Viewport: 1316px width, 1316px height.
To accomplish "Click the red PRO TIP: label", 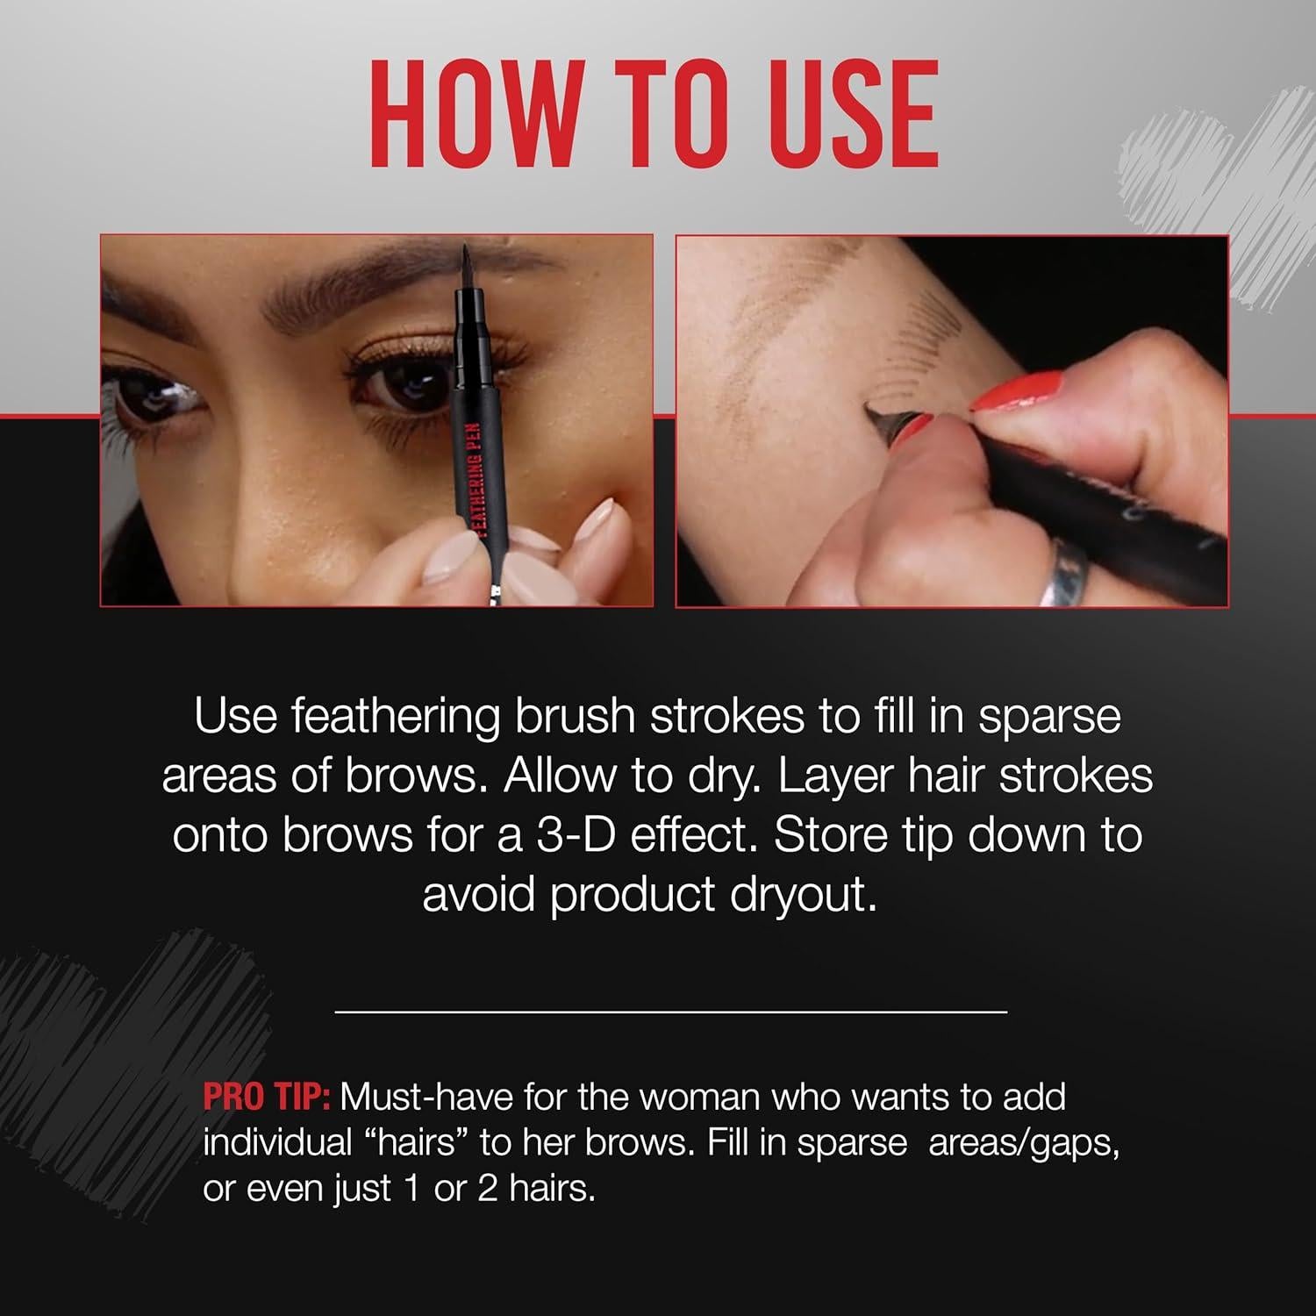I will click(x=266, y=1097).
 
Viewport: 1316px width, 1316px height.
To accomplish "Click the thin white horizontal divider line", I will click(x=671, y=1012).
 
